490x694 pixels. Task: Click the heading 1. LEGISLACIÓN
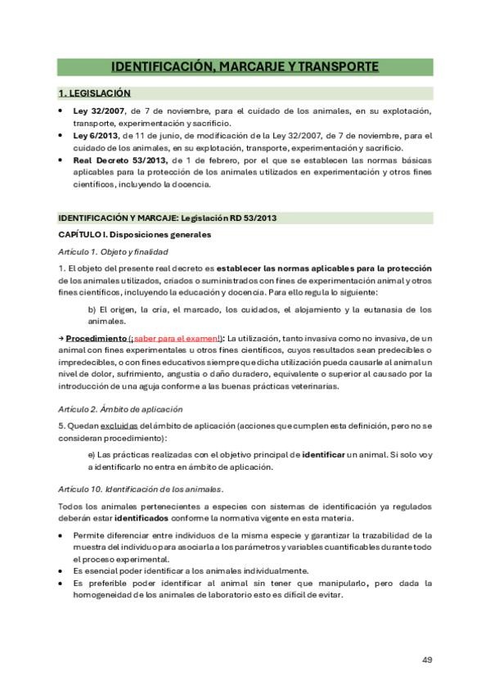[x=94, y=93]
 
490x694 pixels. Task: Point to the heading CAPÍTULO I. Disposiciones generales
[x=134, y=234]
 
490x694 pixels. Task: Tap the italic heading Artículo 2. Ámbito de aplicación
[x=120, y=408]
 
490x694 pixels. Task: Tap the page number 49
[x=427, y=660]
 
